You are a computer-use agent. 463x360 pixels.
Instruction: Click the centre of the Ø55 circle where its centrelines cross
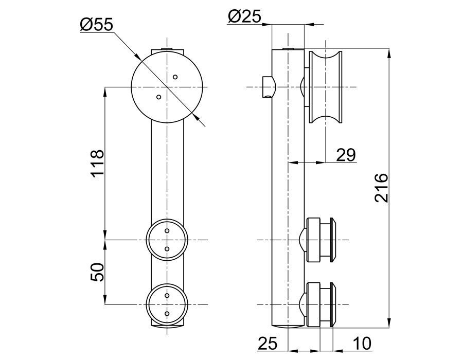click(167, 87)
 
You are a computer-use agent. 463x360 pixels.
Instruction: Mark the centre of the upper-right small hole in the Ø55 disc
click(175, 77)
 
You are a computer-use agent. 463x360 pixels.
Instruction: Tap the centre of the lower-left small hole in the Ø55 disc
click(159, 97)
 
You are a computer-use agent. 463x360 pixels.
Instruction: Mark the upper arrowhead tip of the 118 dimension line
click(105, 87)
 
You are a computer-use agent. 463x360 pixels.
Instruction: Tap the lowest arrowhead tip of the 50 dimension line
click(105, 304)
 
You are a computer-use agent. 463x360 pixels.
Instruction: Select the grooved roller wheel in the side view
click(325, 87)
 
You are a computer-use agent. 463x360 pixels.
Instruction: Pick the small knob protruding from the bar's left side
click(269, 87)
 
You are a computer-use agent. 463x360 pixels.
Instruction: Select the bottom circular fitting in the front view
click(167, 304)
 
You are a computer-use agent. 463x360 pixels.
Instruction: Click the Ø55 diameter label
click(97, 25)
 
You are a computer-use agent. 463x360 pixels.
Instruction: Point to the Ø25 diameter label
click(245, 16)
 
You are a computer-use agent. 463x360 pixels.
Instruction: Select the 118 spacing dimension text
click(98, 163)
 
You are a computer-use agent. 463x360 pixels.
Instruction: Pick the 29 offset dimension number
click(346, 155)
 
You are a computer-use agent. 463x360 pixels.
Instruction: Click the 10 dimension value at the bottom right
click(362, 344)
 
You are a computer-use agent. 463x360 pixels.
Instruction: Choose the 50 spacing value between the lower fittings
click(98, 272)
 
